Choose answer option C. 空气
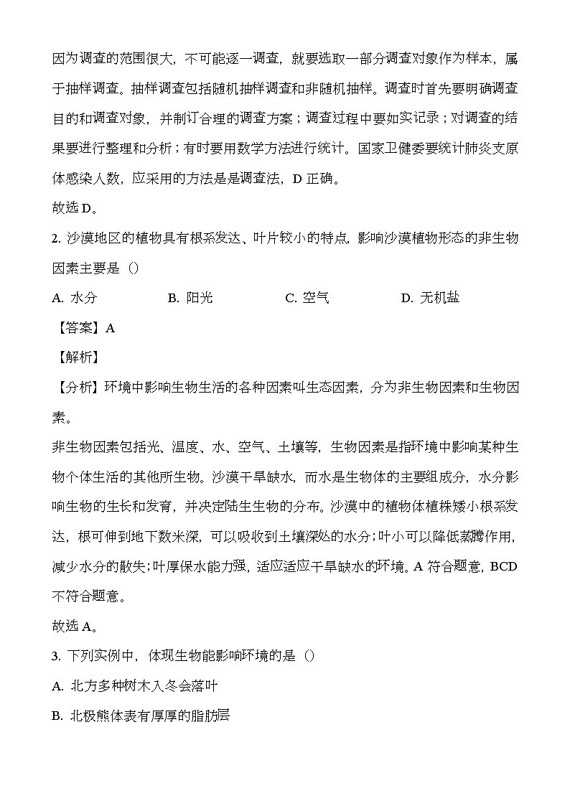[x=307, y=298]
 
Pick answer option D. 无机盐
[x=430, y=298]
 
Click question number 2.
[x=57, y=238]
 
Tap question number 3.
[x=57, y=656]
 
